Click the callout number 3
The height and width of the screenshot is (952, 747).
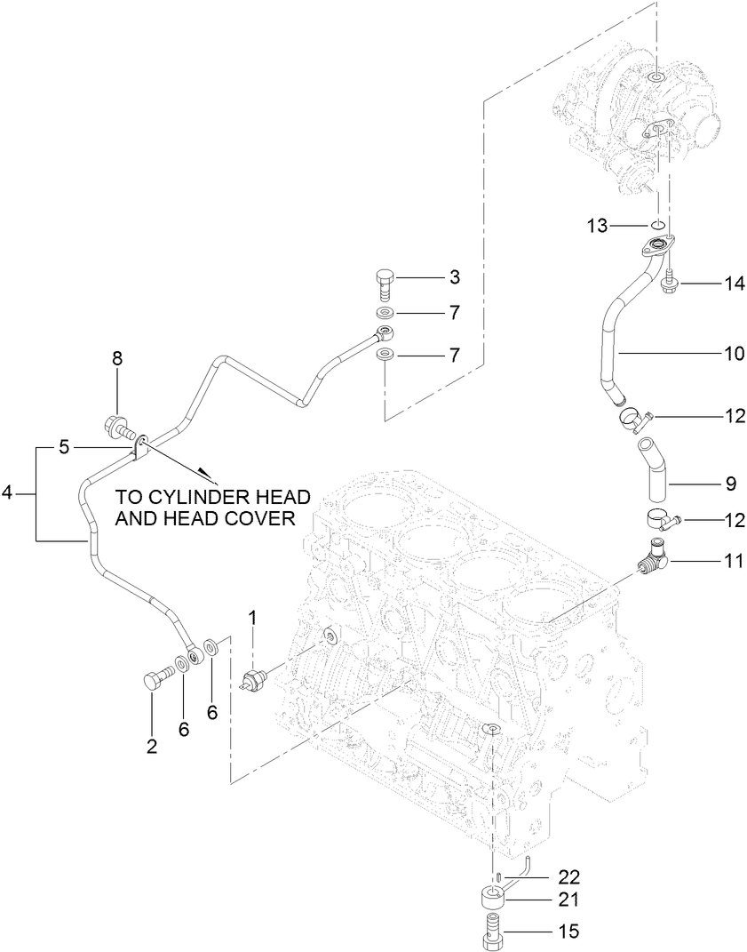pos(454,278)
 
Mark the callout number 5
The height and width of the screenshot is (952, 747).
pos(63,447)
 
